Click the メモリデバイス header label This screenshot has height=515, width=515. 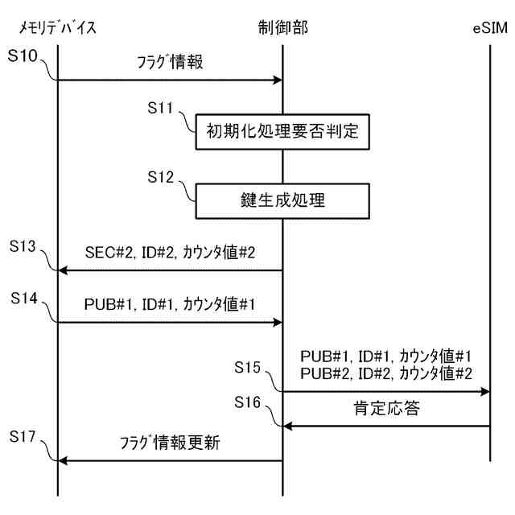click(x=57, y=30)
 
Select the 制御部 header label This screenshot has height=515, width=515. click(x=282, y=30)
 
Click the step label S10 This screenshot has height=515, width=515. click(x=26, y=60)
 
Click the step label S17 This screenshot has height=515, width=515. click(x=26, y=437)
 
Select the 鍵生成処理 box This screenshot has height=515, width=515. click(x=282, y=201)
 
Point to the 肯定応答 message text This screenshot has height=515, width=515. click(x=385, y=410)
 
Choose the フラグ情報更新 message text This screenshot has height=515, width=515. click(x=170, y=444)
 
